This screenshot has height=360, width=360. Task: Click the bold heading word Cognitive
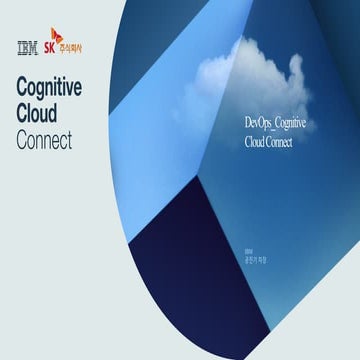point(62,88)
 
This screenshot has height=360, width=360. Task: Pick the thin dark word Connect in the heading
point(44,139)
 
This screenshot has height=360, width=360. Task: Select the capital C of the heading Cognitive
point(24,88)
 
